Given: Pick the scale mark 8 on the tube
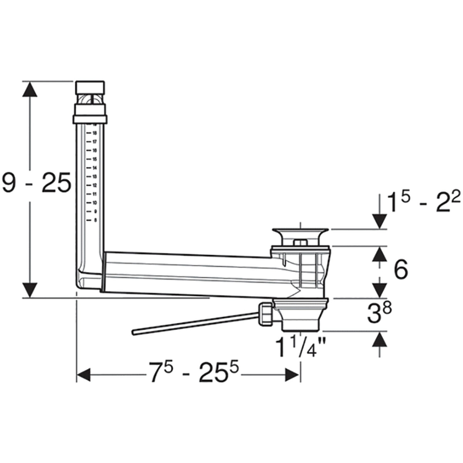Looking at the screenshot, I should coord(95,220).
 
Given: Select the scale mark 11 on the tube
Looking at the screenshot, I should coord(94,194).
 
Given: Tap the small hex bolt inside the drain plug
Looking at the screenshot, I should coord(300,243).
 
